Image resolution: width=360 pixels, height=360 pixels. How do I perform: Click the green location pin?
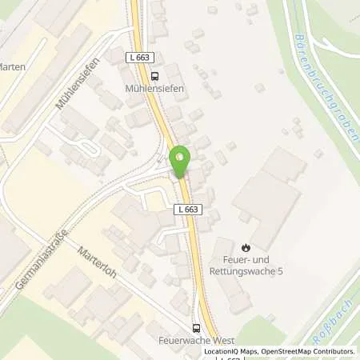[180, 162]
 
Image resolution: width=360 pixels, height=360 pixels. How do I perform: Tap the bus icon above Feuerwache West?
[196, 327]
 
